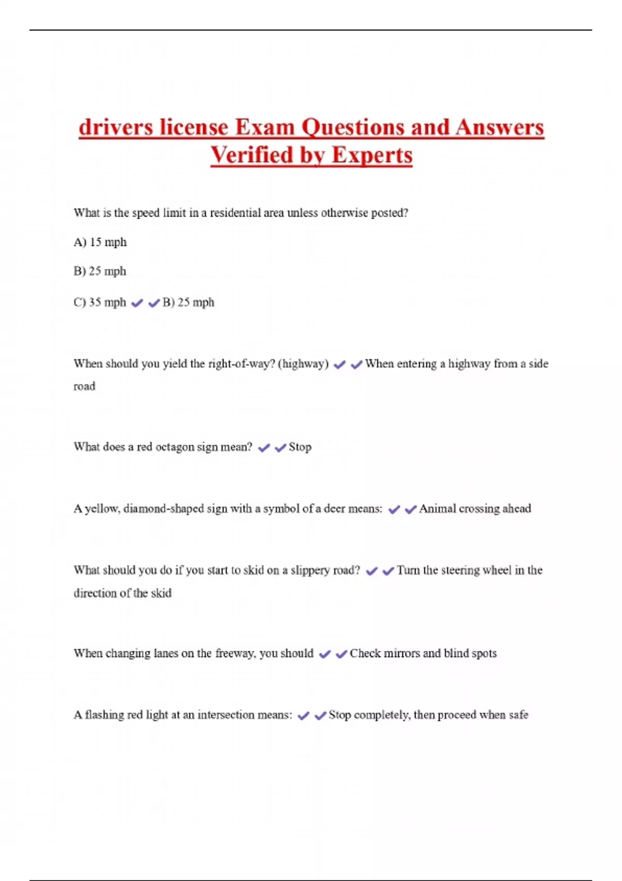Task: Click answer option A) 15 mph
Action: coord(100,242)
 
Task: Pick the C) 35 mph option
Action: coord(100,302)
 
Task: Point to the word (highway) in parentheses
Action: coord(303,364)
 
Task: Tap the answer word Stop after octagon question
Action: coord(300,447)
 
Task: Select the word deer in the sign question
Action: coord(334,509)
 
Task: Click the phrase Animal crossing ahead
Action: coord(475,509)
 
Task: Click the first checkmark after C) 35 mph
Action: coord(137,303)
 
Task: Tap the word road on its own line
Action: coord(84,387)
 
